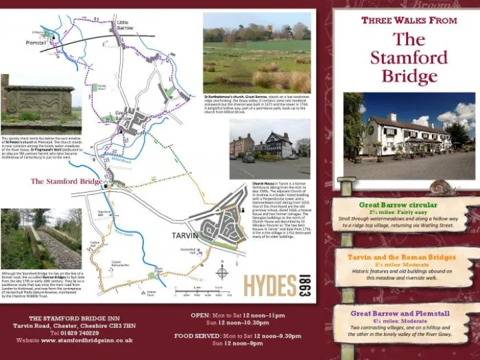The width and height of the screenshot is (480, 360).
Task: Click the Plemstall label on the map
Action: (x=36, y=43)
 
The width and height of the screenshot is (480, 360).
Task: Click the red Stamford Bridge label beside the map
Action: (x=66, y=181)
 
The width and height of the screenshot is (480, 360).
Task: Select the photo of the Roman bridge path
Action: (x=41, y=239)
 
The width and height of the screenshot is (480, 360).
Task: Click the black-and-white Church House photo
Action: (x=269, y=149)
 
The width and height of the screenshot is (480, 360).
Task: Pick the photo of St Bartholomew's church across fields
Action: (x=256, y=53)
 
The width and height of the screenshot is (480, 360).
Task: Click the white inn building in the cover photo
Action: (x=407, y=133)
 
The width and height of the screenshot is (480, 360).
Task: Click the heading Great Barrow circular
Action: (x=398, y=205)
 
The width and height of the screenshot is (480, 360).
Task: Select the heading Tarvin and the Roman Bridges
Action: (x=401, y=257)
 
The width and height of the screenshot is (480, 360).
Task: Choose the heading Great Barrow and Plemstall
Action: (x=400, y=313)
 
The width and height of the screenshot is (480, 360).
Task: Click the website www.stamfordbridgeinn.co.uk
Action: (x=86, y=340)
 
